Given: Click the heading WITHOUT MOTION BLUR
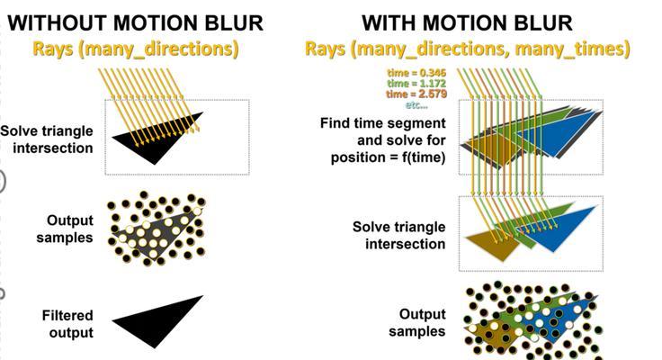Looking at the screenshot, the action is coord(135,22).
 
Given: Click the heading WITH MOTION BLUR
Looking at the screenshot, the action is coord(468,22).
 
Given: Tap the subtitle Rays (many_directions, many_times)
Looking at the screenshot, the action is coord(468,49).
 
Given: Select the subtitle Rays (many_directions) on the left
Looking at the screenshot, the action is coord(136,49).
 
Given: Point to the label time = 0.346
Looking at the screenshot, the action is coord(416,73).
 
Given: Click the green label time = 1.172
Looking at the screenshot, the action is coord(416,83).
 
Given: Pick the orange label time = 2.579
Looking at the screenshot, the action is coord(416,94).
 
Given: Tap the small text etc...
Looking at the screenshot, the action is coord(416,104).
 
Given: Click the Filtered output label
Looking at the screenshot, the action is coord(67,324).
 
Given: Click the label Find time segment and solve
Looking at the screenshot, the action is coord(382,131).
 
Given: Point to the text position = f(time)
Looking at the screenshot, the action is coord(388,157).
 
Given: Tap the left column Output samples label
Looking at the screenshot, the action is coord(65,229).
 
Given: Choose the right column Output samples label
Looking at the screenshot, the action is coord(417,322).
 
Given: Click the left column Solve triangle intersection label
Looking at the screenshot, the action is coord(47,139).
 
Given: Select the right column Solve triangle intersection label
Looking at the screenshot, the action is coord(399,236).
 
